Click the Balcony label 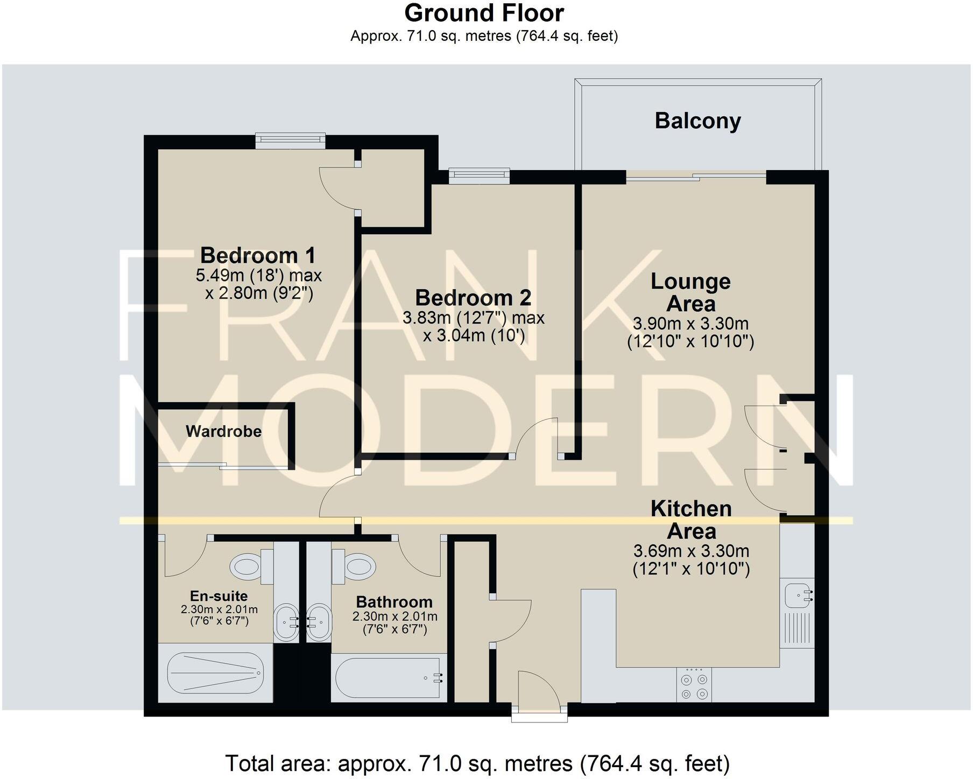[697, 121]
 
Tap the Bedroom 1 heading [258, 255]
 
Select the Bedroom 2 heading [473, 297]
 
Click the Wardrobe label [223, 431]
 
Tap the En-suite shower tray [215, 673]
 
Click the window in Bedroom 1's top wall [290, 141]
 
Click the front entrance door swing [538, 690]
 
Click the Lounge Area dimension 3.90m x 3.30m [690, 324]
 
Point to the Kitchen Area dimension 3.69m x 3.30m [691, 551]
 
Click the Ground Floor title [484, 13]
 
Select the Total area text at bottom [477, 763]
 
